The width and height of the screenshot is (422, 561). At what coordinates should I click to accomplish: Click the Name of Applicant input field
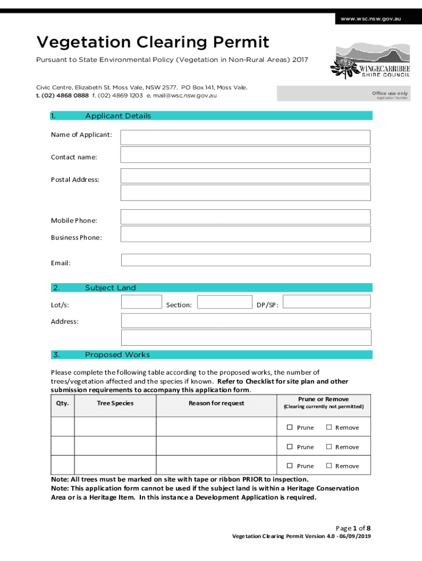pos(245,137)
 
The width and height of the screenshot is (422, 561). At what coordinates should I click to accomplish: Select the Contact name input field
pos(245,154)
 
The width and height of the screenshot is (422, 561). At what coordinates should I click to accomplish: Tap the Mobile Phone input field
pos(245,217)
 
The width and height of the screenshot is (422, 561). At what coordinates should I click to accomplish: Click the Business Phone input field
pos(245,234)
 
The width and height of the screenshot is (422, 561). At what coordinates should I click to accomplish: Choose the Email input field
pos(245,260)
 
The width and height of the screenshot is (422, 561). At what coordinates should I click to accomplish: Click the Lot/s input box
pos(141,302)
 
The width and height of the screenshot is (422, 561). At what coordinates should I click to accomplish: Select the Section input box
pos(224,302)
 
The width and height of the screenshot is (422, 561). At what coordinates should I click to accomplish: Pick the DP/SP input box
pos(327,302)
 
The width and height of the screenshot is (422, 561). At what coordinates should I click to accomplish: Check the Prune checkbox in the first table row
pos(290,427)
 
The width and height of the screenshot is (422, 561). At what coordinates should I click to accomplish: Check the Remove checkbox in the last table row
pos(329,466)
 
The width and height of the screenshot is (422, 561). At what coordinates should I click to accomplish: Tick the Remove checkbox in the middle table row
pos(329,446)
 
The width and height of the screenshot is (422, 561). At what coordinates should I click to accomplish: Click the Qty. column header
pos(62,403)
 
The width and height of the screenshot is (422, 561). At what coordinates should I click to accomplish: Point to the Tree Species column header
pos(115,403)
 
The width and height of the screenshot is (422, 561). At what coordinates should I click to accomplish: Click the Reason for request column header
pos(216,403)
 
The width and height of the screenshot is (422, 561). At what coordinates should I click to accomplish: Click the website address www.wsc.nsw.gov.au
pos(371,19)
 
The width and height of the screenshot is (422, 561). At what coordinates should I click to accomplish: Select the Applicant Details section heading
pos(118,116)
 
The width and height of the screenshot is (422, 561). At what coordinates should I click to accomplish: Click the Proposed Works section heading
pos(117,354)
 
